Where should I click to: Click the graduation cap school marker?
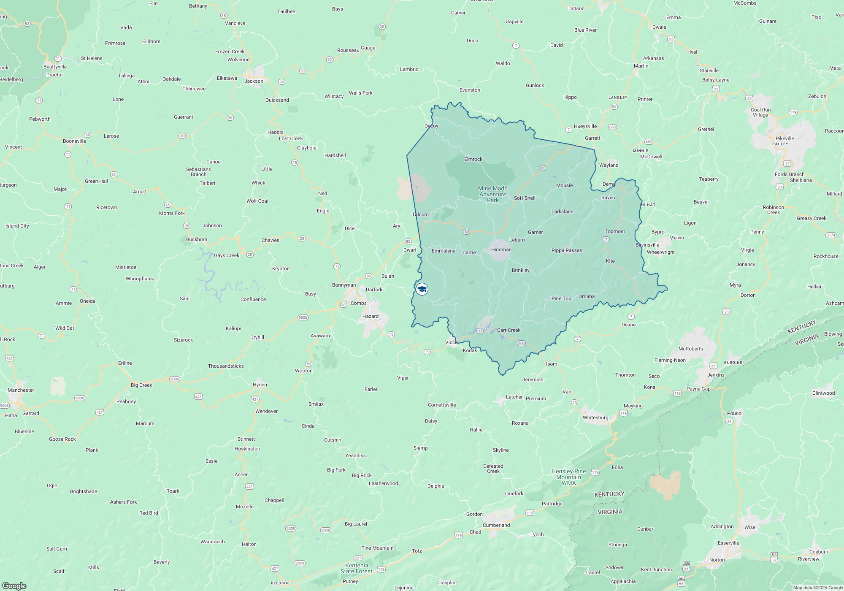(x=422, y=289)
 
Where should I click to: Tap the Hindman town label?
(x=501, y=249)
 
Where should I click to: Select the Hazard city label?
(x=370, y=316)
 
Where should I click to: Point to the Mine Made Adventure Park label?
(x=492, y=194)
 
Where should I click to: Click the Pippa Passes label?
(x=566, y=250)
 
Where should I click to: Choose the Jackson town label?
(x=254, y=81)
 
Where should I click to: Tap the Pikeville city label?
(x=784, y=138)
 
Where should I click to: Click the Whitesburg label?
(x=595, y=417)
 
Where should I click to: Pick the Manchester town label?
(x=21, y=390)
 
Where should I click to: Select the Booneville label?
(x=74, y=141)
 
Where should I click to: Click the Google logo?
(x=14, y=586)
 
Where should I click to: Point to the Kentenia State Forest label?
(x=357, y=568)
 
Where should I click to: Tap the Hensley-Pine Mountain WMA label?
(x=568, y=477)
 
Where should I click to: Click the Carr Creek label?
(x=509, y=330)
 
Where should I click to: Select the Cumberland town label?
(x=496, y=525)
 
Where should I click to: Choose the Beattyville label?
(x=55, y=67)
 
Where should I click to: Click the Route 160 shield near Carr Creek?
(x=521, y=343)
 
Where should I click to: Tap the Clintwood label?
(x=823, y=393)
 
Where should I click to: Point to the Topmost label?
(x=614, y=231)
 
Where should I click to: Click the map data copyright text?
(x=817, y=588)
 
